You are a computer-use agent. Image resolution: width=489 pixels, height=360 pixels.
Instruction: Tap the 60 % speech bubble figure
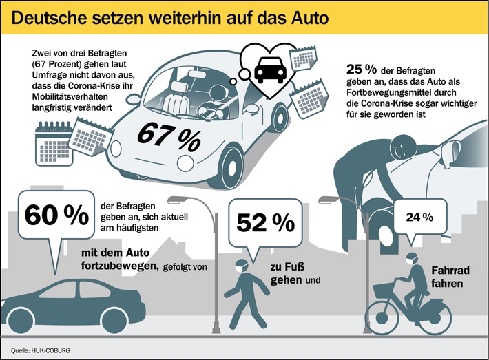[x=52, y=215]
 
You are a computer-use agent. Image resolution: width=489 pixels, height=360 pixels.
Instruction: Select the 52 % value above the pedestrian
[x=265, y=222]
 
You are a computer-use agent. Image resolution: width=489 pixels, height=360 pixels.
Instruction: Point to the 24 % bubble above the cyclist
[x=419, y=218]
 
